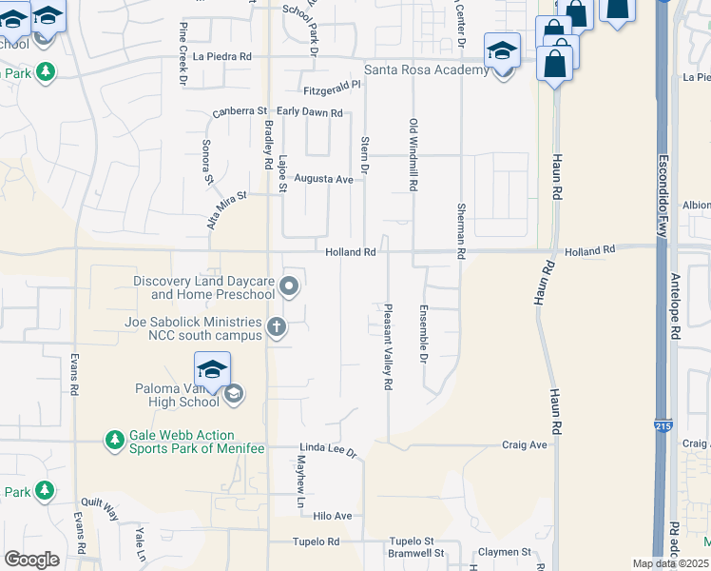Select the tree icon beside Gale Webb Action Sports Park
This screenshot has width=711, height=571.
click(x=115, y=440)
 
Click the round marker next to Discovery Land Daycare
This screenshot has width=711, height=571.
click(x=291, y=285)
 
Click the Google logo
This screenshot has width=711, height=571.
click(x=31, y=560)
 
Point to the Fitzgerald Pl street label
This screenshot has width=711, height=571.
click(x=332, y=85)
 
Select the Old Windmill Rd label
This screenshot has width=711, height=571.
click(x=413, y=156)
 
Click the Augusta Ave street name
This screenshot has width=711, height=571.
click(x=323, y=179)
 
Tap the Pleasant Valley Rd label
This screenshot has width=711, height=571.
click(x=388, y=347)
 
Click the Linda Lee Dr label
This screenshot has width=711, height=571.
click(x=328, y=449)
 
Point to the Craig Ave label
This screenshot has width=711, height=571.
click(x=525, y=444)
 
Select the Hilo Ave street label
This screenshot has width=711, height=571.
click(x=333, y=516)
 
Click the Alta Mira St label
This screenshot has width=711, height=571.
click(x=226, y=209)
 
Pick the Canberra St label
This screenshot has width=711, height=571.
click(x=240, y=112)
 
